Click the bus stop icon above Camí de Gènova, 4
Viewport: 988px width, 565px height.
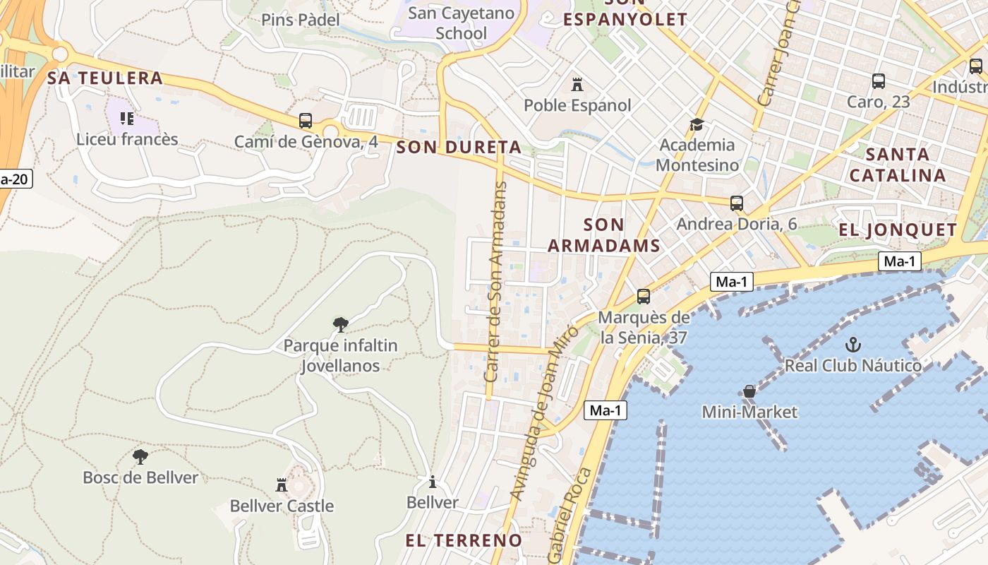coord(306,121)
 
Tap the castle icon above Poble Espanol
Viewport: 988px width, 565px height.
coord(577,85)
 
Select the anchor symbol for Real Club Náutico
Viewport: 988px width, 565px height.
coord(853,345)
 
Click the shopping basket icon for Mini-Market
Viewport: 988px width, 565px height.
coord(749,391)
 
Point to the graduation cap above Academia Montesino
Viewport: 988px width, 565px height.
coord(697,124)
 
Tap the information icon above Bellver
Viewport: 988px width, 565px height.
coord(433,482)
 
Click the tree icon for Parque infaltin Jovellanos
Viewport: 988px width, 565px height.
coord(340,325)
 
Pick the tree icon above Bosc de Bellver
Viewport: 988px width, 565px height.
coord(140,456)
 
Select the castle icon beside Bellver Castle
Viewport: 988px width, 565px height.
coord(282,484)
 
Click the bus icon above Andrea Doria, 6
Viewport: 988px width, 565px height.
coord(737,203)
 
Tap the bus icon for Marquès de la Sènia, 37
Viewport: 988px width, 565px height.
coord(644,297)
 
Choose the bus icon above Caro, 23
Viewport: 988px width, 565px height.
coord(879,81)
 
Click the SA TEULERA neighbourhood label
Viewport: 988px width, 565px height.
coord(105,78)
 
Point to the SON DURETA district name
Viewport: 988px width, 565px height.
coord(459,148)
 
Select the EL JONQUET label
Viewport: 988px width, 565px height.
coord(898,230)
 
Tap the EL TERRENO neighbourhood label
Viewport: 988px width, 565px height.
coord(464,541)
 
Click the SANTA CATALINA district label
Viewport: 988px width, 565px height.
coord(898,165)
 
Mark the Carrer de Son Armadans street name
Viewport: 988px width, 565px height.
coord(495,282)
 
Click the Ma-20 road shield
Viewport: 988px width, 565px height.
coord(14,179)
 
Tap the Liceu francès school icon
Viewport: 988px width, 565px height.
coord(127,118)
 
